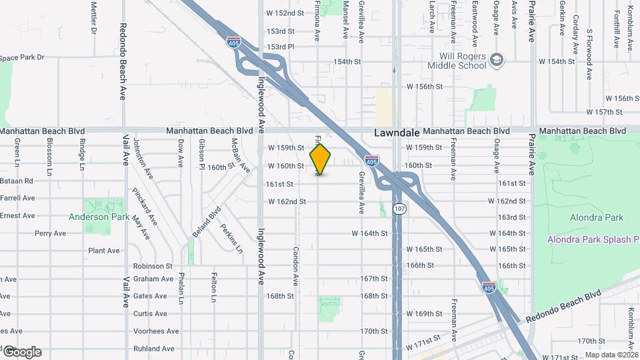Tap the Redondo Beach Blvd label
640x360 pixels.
[563, 307]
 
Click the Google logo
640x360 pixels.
[21, 351]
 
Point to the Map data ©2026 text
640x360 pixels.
[611, 355]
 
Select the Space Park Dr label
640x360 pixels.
[22, 58]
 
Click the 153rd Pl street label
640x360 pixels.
[281, 47]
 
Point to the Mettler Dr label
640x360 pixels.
[94, 17]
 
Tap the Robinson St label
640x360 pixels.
[153, 266]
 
